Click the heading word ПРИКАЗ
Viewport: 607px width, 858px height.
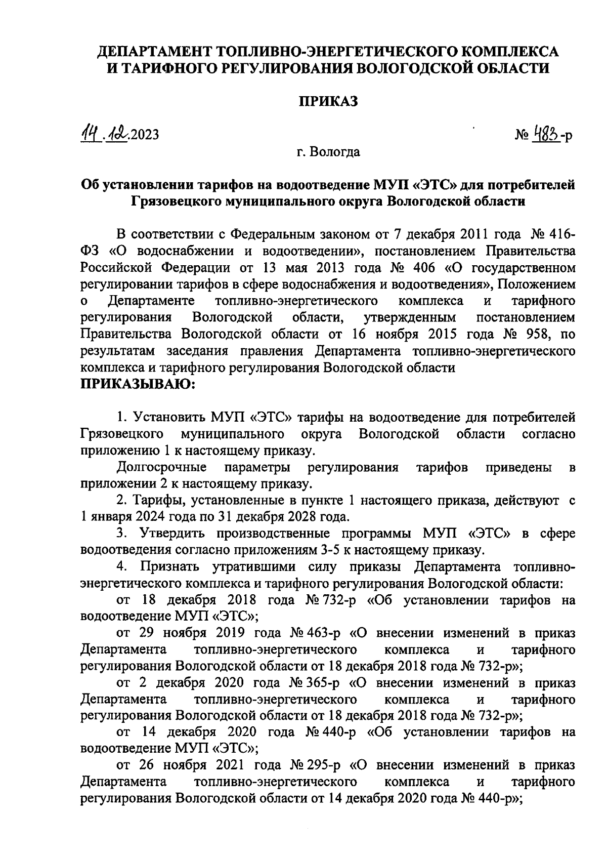328,102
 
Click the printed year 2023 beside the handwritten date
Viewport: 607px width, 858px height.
145,135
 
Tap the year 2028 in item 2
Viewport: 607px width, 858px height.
297,517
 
